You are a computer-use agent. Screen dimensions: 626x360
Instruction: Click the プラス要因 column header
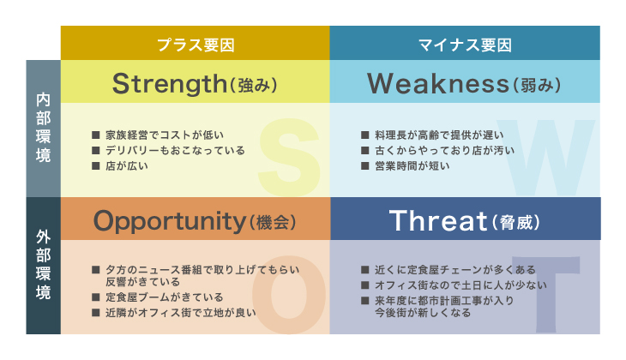point(196,45)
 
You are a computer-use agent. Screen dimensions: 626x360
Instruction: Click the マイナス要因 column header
point(465,45)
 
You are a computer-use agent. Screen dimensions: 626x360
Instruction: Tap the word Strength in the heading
point(170,84)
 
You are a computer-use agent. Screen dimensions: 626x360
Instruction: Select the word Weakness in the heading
point(438,83)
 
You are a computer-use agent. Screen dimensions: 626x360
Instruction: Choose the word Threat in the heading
point(438,220)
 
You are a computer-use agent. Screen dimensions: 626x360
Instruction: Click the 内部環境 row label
point(43,128)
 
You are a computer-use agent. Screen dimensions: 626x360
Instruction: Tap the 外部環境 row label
point(43,265)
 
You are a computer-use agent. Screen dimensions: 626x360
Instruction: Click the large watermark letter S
point(290,157)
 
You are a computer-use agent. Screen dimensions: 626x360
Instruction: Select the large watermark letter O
point(289,295)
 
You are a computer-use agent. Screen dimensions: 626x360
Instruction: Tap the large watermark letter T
point(545,294)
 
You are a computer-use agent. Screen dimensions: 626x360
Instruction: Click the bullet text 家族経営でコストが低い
point(165,135)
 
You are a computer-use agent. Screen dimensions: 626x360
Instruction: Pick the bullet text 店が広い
point(127,165)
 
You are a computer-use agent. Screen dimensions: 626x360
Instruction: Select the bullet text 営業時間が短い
point(412,165)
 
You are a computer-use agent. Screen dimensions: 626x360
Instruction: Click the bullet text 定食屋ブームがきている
point(165,297)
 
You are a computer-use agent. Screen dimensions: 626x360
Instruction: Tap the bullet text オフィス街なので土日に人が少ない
point(460,285)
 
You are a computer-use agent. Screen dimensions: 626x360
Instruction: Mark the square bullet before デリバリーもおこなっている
point(96,151)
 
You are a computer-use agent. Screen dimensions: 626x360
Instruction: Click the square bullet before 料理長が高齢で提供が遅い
point(365,135)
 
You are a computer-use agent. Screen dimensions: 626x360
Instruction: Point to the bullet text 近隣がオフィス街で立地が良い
point(181,313)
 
